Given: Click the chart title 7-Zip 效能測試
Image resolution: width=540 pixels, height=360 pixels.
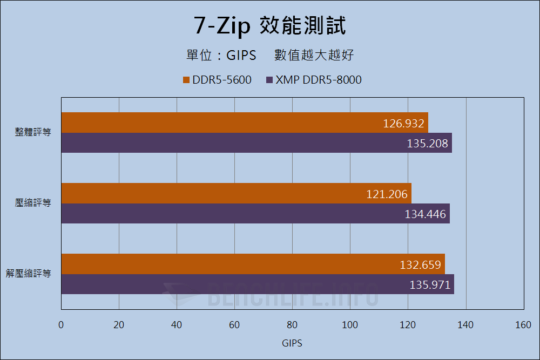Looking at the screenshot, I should coord(269,25).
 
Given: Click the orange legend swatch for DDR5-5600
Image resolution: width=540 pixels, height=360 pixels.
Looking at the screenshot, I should coord(187,80).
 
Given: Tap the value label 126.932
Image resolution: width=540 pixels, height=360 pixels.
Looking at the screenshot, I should coord(404,124).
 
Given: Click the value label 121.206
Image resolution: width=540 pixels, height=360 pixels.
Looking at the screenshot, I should coord(387,194).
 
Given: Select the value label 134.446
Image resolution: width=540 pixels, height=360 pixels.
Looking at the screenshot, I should coord(426,214).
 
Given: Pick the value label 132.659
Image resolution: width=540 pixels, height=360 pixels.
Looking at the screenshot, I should coord(421,265).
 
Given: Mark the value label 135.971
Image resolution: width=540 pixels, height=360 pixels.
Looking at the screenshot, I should coord(430,285).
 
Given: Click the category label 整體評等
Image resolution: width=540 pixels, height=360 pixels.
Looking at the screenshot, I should coord(33,132).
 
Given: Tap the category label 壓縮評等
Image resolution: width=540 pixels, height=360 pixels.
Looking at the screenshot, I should coord(33,203).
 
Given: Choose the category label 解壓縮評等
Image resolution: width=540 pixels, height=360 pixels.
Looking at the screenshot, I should coord(29,274).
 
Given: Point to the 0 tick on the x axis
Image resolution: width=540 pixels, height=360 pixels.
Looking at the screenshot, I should coord(61,325).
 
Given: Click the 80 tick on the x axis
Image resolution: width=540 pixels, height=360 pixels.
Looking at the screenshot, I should coord(292,325).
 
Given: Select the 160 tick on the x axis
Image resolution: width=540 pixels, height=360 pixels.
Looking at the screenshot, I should coord(523,325).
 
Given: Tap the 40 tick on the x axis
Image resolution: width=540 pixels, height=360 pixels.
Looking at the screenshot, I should coord(177,325).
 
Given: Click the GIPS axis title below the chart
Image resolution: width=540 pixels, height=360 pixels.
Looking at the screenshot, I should coord(292,343).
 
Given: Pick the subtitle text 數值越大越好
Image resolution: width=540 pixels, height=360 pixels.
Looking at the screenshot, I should coord(314,55).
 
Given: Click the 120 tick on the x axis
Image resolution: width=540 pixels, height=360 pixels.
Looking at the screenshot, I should coord(408,325).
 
